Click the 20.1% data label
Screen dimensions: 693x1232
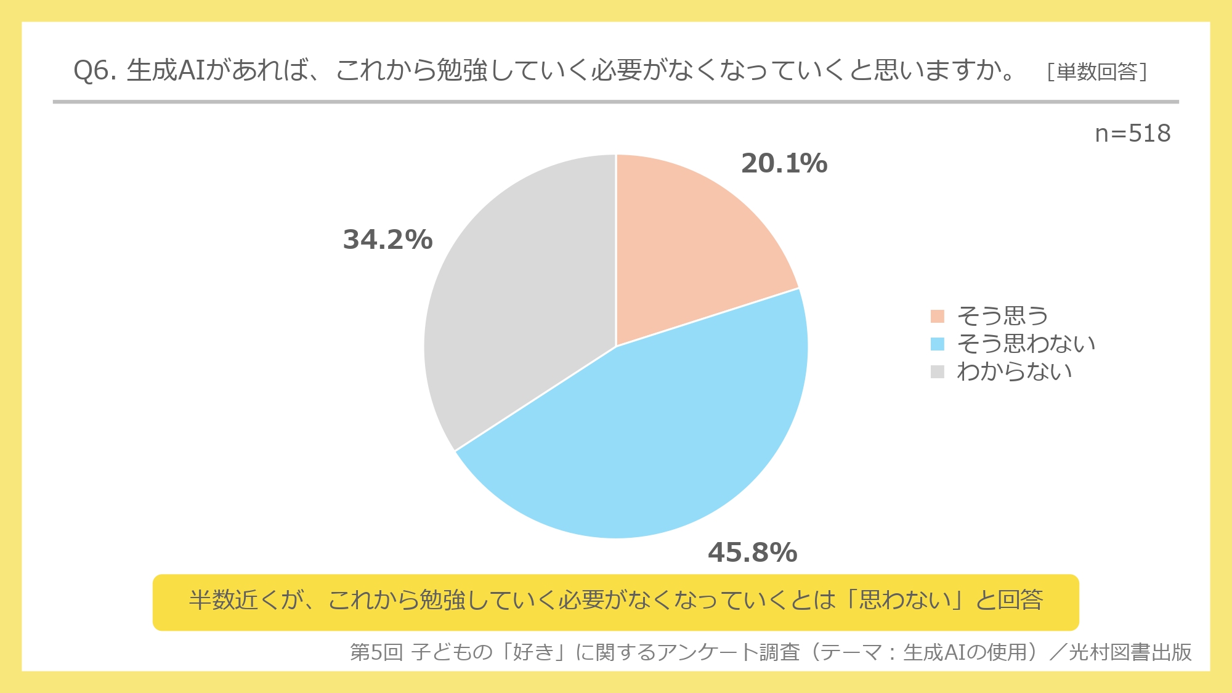(x=784, y=164)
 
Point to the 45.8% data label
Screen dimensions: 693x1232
(x=752, y=553)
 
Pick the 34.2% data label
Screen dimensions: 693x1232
(x=387, y=240)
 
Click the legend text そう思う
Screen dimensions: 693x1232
(x=1002, y=316)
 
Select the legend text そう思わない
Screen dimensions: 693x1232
(x=1026, y=344)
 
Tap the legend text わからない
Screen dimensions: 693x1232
(x=1014, y=371)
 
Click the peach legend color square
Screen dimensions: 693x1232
(x=937, y=316)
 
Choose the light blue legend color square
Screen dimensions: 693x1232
(x=937, y=344)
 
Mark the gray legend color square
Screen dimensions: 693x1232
(x=937, y=371)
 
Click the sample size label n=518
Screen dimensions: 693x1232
(x=1132, y=134)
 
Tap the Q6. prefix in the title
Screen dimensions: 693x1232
(x=95, y=71)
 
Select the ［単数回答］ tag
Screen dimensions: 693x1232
(x=1097, y=72)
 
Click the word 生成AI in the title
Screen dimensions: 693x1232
(x=166, y=71)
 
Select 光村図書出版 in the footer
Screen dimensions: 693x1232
(x=1130, y=652)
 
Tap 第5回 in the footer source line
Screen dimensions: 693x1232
(x=376, y=652)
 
